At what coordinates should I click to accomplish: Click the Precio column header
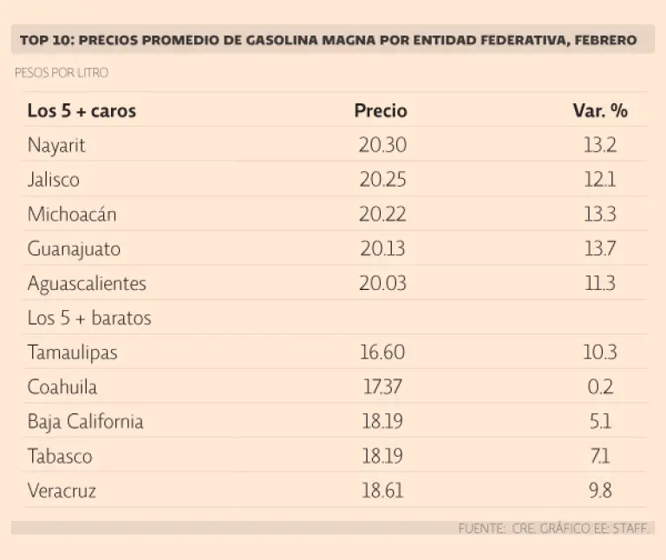point(381,111)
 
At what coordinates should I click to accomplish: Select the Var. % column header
point(600,111)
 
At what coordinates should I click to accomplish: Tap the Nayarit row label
point(56,145)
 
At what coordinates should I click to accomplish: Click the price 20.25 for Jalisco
point(382,180)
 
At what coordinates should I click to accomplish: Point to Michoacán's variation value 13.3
point(600,214)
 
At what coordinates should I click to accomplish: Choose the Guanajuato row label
point(74,249)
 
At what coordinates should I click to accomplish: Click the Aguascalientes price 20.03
point(382,284)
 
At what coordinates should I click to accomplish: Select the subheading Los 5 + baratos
point(89,318)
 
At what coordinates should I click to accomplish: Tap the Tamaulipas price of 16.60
point(382,352)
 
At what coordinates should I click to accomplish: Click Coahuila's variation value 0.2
point(600,387)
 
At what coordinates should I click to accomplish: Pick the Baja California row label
point(85,422)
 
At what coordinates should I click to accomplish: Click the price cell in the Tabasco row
point(382,457)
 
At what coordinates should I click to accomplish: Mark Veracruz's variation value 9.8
point(600,491)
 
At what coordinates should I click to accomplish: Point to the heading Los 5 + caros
point(82,111)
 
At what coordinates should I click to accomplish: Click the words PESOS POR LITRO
point(62,73)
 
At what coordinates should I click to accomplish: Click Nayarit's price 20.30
point(382,145)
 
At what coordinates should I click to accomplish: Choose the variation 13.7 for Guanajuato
point(600,249)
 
